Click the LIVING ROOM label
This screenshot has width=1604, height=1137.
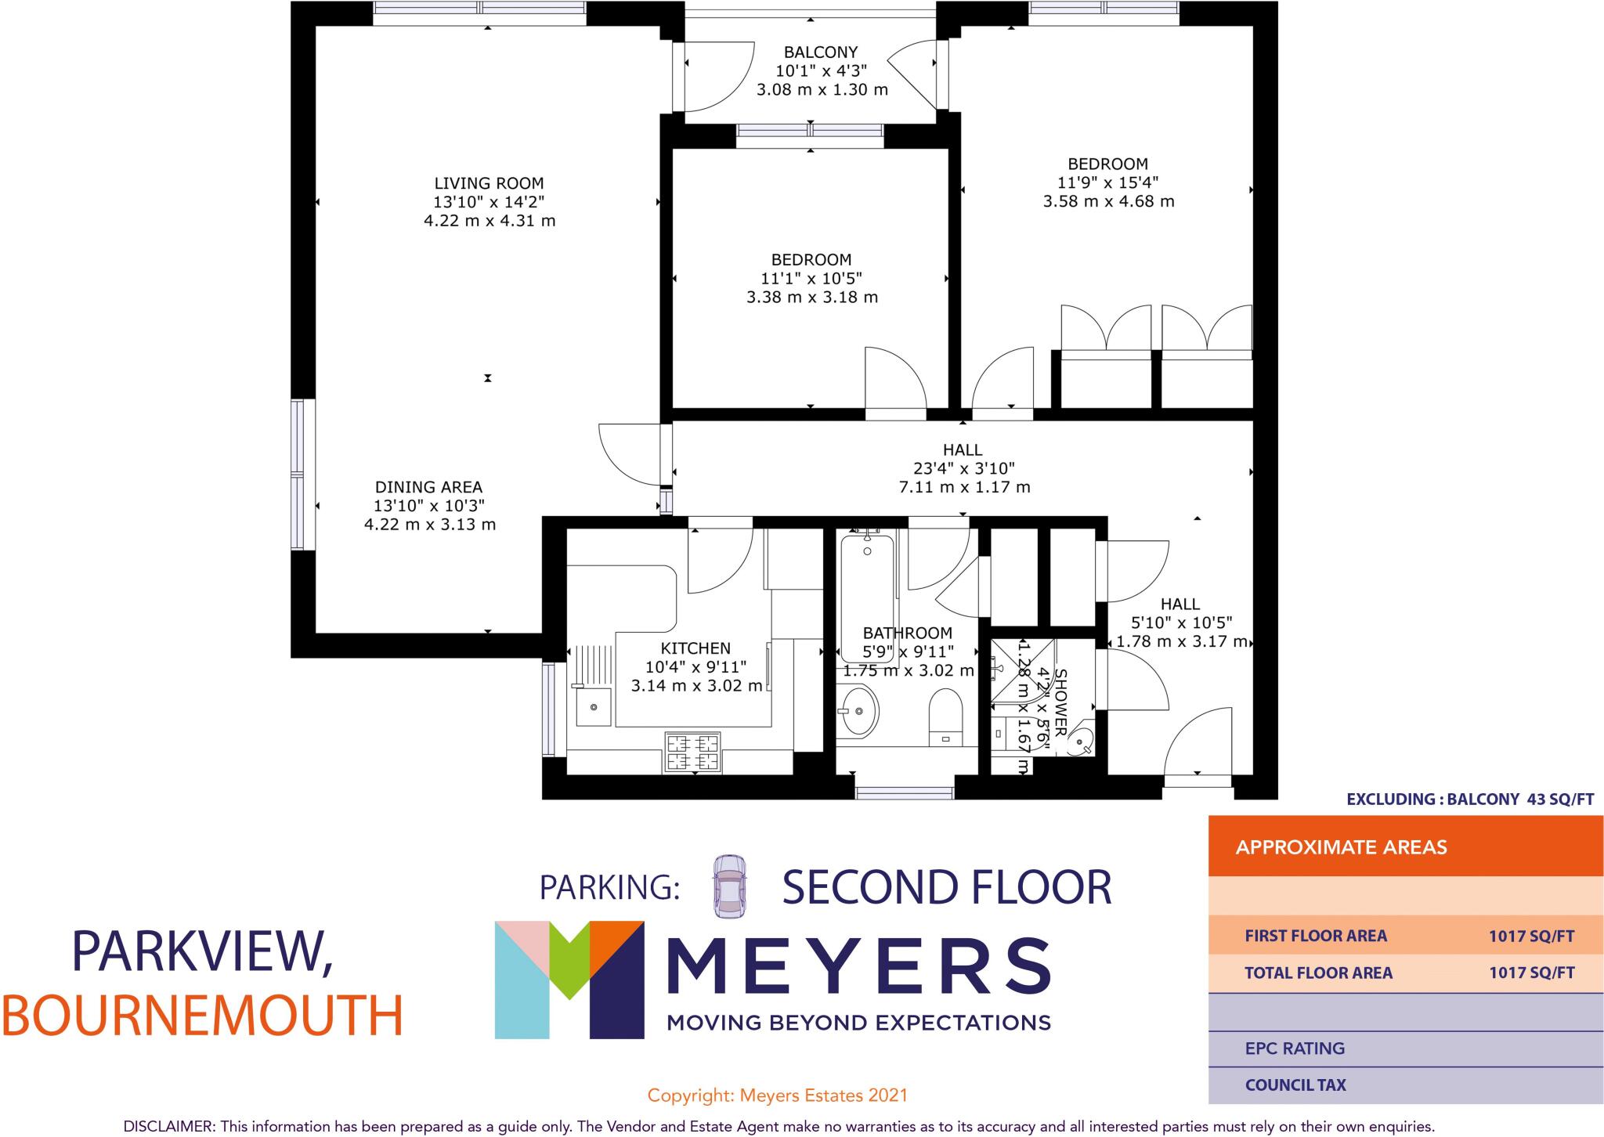coord(489,183)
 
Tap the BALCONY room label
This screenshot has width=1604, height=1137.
coord(821,52)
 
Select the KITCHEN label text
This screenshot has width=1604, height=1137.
coord(695,648)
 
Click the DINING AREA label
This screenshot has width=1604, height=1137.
coord(428,487)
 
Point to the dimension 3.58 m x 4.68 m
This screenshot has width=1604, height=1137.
coord(1108,201)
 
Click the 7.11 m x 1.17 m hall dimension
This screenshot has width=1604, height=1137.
coord(963,487)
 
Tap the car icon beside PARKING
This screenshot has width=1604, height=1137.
coord(729,886)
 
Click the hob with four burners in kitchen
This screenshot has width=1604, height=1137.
coord(692,752)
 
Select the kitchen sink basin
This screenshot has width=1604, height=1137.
coord(593,707)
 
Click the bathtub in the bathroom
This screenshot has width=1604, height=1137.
coord(867,595)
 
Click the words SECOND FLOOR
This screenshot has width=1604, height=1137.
coord(946,887)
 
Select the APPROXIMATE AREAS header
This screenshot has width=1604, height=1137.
coord(1341,847)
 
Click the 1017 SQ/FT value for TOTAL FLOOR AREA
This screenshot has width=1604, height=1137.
coord(1531,973)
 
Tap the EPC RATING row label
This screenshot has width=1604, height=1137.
coord(1295,1048)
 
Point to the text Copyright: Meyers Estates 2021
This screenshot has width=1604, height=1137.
coord(777,1095)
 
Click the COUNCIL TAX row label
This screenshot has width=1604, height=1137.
coord(1295,1085)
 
